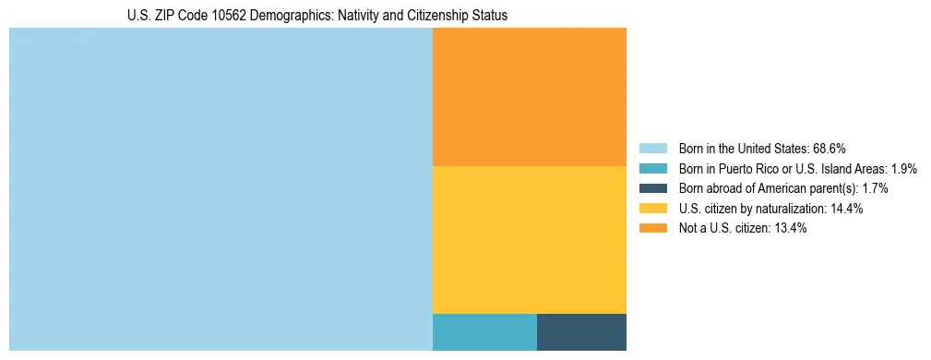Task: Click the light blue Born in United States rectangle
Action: click(x=221, y=189)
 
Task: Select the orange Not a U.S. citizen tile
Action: click(x=530, y=97)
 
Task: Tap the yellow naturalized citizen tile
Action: click(x=530, y=240)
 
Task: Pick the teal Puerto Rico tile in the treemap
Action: click(x=484, y=332)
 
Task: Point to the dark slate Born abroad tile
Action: click(x=581, y=332)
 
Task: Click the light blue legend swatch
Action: click(x=652, y=149)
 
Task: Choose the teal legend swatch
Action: click(x=652, y=169)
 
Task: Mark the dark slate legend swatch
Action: click(x=652, y=188)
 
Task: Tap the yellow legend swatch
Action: click(x=652, y=209)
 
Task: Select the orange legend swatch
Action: click(x=652, y=229)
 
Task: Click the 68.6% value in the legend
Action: click(x=830, y=149)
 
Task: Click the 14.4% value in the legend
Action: click(x=846, y=209)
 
